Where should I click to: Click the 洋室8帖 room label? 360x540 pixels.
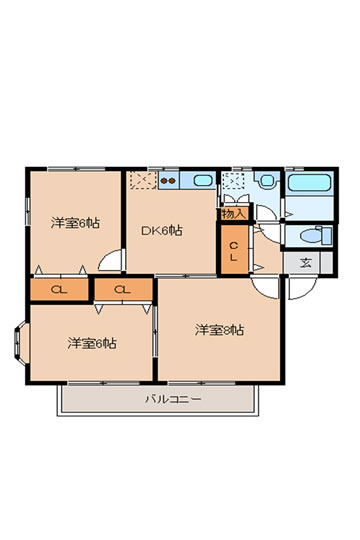[x=219, y=330]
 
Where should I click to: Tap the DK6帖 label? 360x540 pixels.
[x=162, y=230]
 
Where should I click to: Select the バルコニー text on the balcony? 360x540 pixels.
[x=173, y=399]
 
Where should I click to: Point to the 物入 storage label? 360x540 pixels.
[x=234, y=214]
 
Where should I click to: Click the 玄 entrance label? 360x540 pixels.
[x=305, y=263]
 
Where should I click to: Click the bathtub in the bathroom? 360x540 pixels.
[x=309, y=183]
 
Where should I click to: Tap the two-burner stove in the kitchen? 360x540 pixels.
[x=168, y=180]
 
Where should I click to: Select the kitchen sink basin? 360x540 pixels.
[x=203, y=180]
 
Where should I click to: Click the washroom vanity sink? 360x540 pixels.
[x=267, y=180]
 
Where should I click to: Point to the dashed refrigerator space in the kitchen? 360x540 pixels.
[x=144, y=180]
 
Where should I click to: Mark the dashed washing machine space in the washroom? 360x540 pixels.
[x=233, y=181]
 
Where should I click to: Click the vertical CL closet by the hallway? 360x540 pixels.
[x=234, y=249]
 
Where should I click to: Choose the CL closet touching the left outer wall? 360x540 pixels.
[x=59, y=289]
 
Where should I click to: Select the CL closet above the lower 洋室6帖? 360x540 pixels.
[x=123, y=289]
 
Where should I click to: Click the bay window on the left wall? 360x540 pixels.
[x=20, y=343]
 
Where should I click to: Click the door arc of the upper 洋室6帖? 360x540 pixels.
[x=109, y=259]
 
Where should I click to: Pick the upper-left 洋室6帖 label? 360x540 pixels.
[x=75, y=223]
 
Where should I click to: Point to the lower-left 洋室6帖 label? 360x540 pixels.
[x=92, y=343]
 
